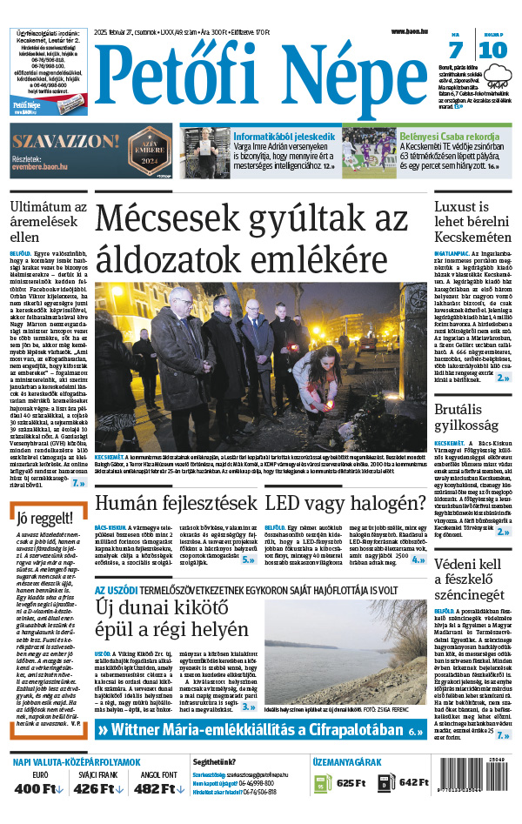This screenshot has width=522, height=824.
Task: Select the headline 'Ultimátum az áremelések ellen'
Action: pos(48,221)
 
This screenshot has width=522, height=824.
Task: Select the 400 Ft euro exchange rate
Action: pos(40,788)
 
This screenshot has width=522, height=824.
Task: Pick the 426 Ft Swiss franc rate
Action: pos(99,788)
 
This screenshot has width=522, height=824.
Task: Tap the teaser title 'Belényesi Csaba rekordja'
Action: pos(449,137)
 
